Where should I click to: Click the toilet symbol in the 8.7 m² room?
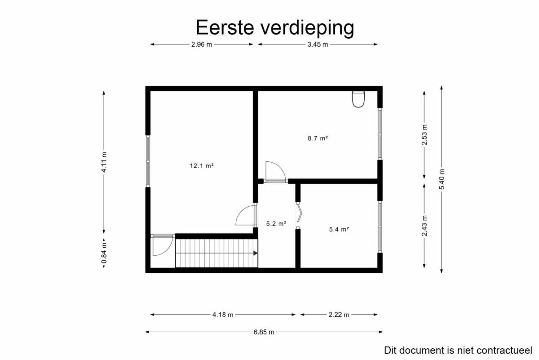pos(358,99)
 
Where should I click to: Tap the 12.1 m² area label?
pos(202,166)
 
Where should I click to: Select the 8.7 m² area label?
pos(318,138)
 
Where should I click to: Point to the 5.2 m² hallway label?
pos(276,224)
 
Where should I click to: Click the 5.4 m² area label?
pos(339,229)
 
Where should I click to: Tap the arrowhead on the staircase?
pos(255,253)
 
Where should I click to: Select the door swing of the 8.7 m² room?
pos(275,171)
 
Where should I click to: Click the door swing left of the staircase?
pos(163,246)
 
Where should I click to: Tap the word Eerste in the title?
pos(225,27)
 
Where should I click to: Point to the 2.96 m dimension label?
pos(202,44)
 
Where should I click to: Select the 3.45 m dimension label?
pos(318,44)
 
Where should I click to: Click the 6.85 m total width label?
pos(264,332)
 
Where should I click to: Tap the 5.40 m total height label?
pos(442,179)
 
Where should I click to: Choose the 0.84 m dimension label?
pos(104,253)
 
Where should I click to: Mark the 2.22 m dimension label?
pos(339,315)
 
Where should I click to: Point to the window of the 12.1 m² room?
pos(148,161)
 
